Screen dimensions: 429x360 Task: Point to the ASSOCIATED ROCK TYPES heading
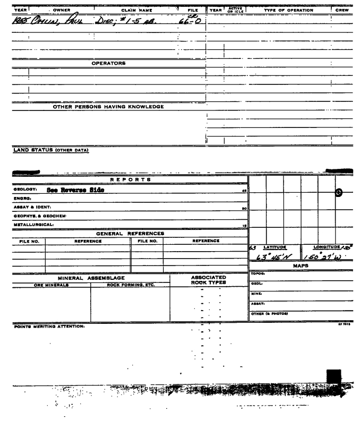[x=204, y=279]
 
